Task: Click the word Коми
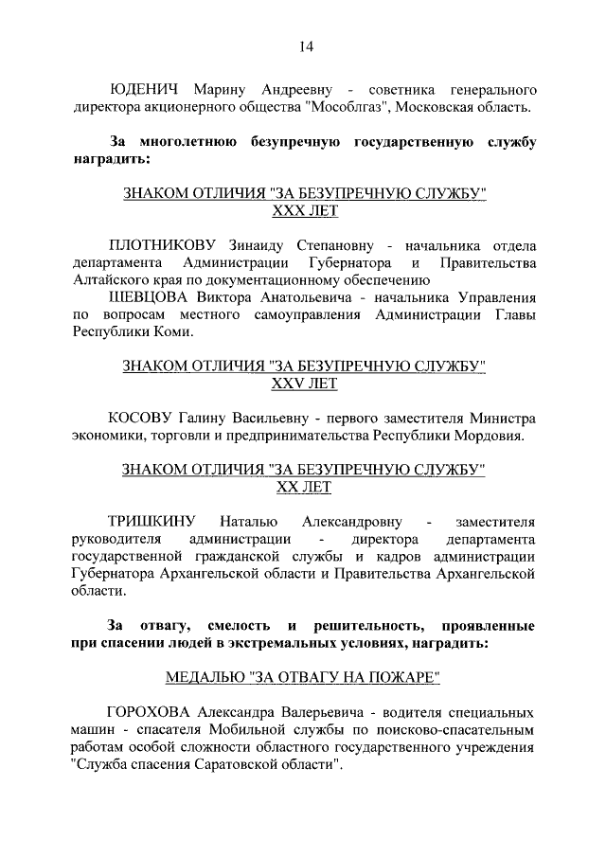click(x=171, y=332)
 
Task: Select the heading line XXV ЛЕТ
click(x=304, y=384)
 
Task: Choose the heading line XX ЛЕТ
click(x=304, y=488)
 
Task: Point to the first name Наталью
click(x=248, y=522)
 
